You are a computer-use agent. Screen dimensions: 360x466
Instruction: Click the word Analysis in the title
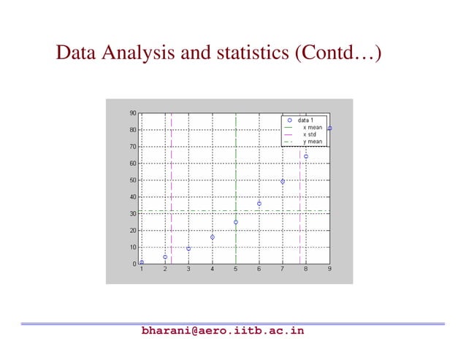(137, 53)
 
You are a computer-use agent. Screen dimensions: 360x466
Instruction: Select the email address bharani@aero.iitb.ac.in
(222, 331)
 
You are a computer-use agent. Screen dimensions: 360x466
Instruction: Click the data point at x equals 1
(142, 262)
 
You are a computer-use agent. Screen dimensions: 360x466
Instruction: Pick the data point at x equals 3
(188, 248)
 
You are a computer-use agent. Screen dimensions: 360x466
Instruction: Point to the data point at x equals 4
(212, 237)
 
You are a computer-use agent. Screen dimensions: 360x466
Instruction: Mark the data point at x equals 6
(259, 204)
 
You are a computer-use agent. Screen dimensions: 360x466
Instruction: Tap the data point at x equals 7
(283, 181)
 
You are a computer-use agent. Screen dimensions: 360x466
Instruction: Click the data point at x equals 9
(329, 129)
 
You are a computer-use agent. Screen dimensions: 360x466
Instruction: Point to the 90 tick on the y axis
(133, 113)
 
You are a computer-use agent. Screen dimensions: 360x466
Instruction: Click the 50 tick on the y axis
(133, 180)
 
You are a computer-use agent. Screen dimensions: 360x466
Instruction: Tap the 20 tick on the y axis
(133, 231)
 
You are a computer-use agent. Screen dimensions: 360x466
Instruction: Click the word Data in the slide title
(77, 53)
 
